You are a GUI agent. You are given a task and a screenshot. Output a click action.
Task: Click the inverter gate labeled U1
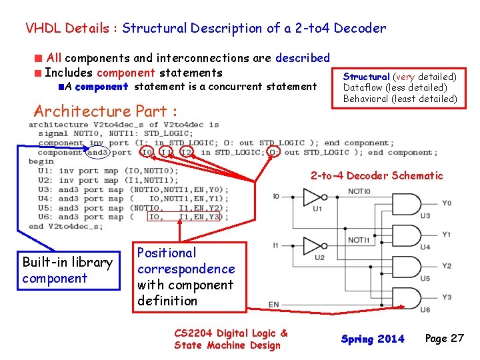pyautogui.click(x=312, y=197)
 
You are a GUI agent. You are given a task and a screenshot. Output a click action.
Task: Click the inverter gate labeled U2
pyautogui.click(x=312, y=245)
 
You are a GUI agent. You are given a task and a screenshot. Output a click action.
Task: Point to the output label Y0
pyautogui.click(x=447, y=203)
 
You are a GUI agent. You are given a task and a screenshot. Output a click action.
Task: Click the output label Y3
pyautogui.click(x=447, y=297)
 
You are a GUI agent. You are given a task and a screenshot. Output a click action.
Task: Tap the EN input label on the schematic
pyautogui.click(x=274, y=305)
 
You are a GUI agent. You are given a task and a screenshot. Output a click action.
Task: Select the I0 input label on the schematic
pyautogui.click(x=276, y=197)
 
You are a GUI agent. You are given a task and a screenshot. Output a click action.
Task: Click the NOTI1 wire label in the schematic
pyautogui.click(x=358, y=240)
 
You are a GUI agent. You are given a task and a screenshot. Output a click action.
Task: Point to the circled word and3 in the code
pyautogui.click(x=97, y=152)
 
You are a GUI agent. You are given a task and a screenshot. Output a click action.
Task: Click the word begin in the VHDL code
pyautogui.click(x=41, y=161)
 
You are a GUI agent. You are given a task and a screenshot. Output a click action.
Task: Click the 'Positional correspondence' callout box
pyautogui.click(x=186, y=277)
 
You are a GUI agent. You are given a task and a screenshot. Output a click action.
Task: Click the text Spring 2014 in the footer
pyautogui.click(x=373, y=339)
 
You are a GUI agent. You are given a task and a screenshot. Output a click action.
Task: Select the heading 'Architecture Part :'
pyautogui.click(x=105, y=111)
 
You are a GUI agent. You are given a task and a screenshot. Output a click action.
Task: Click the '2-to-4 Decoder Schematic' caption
pyautogui.click(x=376, y=175)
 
